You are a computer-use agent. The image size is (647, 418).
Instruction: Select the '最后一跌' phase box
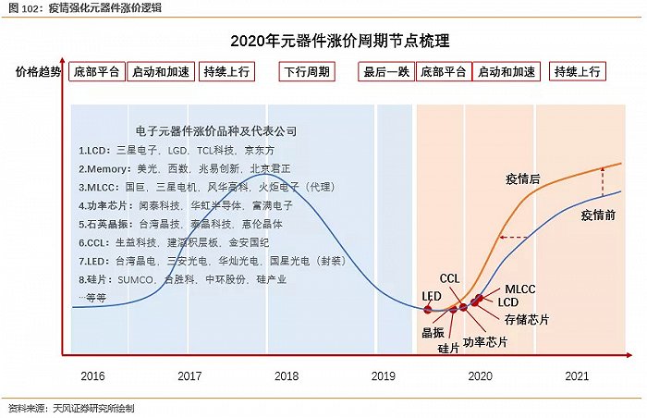(x=386, y=72)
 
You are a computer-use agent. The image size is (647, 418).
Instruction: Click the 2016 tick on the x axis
(x=92, y=376)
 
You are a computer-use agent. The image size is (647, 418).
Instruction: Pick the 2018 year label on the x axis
(x=287, y=376)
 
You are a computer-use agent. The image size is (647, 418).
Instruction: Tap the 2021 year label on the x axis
(x=576, y=376)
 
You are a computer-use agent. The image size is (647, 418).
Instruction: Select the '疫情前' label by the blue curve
(x=599, y=215)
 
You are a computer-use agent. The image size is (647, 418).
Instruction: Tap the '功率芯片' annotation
(x=485, y=340)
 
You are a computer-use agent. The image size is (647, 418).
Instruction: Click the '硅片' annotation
(x=448, y=349)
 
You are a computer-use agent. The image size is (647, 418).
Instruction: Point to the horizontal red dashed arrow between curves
(x=513, y=238)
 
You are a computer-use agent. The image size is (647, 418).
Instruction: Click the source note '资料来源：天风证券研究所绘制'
(x=70, y=408)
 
